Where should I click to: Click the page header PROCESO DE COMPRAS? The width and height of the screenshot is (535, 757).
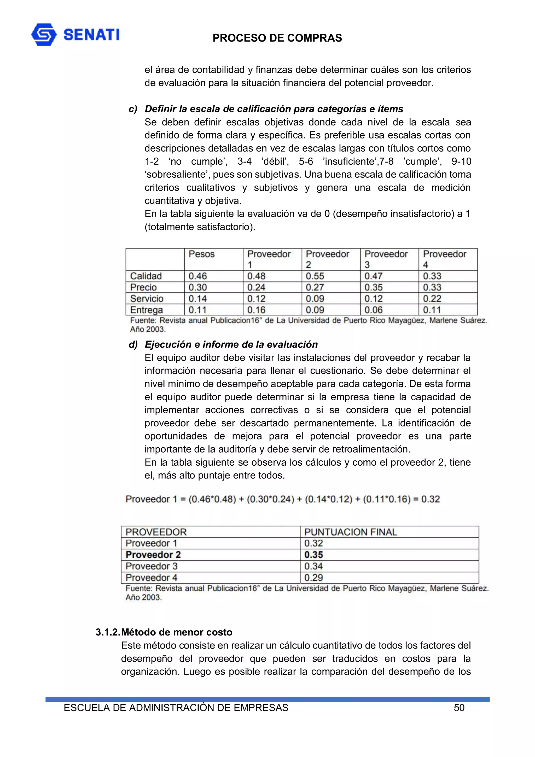pyautogui.click(x=277, y=38)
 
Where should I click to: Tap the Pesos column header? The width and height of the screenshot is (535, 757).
pyautogui.click(x=201, y=254)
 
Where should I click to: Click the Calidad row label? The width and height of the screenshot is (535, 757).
pyautogui.click(x=146, y=276)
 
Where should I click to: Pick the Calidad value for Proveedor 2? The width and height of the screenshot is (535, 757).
pyautogui.click(x=315, y=276)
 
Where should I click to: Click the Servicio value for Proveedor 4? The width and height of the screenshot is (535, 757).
pyautogui.click(x=432, y=298)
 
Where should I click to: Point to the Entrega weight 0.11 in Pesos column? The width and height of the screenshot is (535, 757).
pyautogui.click(x=197, y=310)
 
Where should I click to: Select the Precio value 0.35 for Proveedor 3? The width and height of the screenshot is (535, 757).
pyautogui.click(x=374, y=287)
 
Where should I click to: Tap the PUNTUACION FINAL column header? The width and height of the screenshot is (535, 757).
pyautogui.click(x=350, y=532)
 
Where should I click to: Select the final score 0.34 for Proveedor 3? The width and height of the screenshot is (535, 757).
pyautogui.click(x=313, y=566)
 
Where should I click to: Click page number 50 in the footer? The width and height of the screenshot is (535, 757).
pyautogui.click(x=459, y=708)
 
